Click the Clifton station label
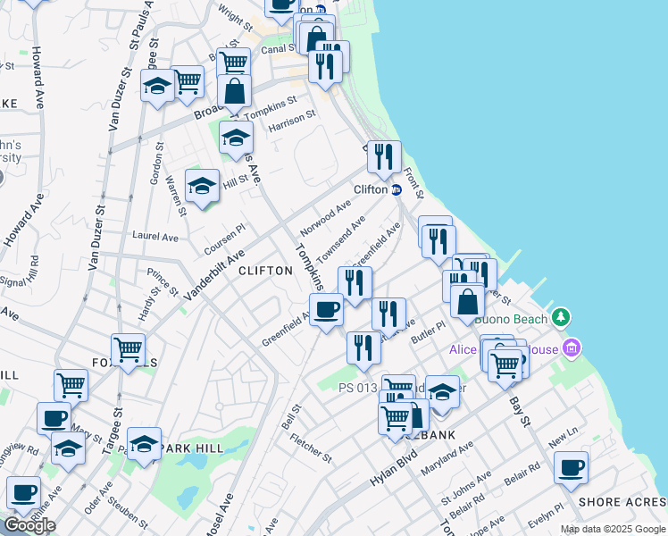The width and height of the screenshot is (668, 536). click(x=371, y=189)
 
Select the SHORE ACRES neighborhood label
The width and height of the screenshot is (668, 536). click(x=622, y=502)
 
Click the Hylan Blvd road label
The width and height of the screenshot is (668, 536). click(x=394, y=468)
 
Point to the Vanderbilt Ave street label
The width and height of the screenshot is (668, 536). click(x=213, y=275)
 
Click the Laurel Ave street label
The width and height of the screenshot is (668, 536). click(x=155, y=238)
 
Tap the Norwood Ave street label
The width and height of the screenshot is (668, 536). click(x=326, y=217)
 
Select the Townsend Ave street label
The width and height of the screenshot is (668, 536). click(x=340, y=235)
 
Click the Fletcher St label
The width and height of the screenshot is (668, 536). click(x=311, y=444)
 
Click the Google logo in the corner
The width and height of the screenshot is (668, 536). click(x=29, y=524)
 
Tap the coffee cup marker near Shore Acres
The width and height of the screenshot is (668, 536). click(x=571, y=467)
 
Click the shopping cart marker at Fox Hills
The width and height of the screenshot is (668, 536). click(x=128, y=349)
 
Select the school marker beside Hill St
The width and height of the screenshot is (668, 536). click(x=202, y=186)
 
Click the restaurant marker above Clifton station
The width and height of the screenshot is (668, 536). click(x=384, y=157)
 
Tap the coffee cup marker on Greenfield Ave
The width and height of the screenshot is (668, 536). click(x=327, y=309)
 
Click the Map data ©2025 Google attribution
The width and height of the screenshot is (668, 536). click(x=613, y=529)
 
